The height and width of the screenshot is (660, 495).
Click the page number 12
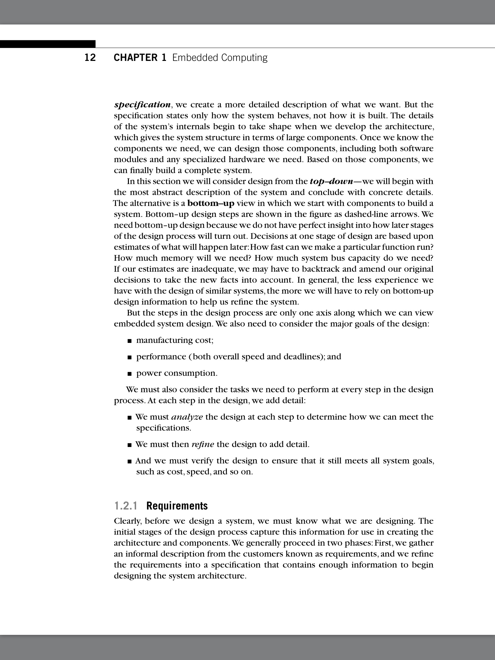(x=90, y=58)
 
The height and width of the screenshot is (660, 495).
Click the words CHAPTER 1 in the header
(x=140, y=58)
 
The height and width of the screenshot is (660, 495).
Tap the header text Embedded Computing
(x=220, y=58)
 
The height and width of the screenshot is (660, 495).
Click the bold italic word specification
(x=142, y=105)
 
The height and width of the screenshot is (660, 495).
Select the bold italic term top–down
(x=331, y=181)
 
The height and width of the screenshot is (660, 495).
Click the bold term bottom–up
(x=211, y=203)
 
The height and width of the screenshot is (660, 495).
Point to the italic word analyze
(x=187, y=417)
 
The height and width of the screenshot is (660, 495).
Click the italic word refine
(x=202, y=444)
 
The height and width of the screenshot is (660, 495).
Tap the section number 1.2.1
(x=126, y=506)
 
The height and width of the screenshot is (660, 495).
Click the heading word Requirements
(x=177, y=506)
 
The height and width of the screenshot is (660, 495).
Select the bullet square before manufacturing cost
(x=130, y=341)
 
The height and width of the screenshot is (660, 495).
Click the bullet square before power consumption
(x=130, y=374)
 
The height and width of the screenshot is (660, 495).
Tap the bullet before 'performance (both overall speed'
(x=130, y=357)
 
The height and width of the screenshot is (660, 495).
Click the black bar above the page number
(x=48, y=44)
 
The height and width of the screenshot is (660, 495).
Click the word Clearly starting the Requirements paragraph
(x=128, y=521)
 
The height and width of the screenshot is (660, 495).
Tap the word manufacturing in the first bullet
(x=165, y=340)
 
